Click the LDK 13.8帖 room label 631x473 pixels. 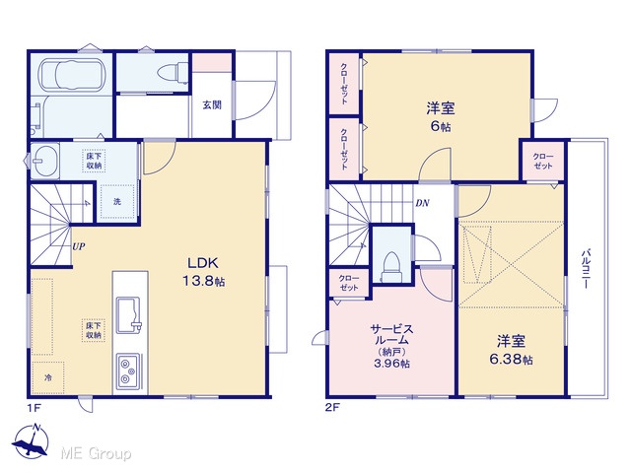204,272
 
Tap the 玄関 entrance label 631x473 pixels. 212,105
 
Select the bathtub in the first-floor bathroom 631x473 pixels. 73,75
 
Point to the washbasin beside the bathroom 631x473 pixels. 44,160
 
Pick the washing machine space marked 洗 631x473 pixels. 116,201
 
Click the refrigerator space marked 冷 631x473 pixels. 48,377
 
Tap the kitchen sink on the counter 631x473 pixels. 129,315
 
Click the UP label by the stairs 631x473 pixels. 79,246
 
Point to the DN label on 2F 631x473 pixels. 422,203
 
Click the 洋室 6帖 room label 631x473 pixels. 441,117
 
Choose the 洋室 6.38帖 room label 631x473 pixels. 511,350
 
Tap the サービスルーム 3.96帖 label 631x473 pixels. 391,346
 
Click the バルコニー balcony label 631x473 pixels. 585,269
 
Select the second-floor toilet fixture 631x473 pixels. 390,265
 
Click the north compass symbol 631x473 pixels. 31,440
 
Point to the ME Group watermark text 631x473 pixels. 96,453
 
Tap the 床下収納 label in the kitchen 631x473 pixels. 94,331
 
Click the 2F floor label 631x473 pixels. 332,408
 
